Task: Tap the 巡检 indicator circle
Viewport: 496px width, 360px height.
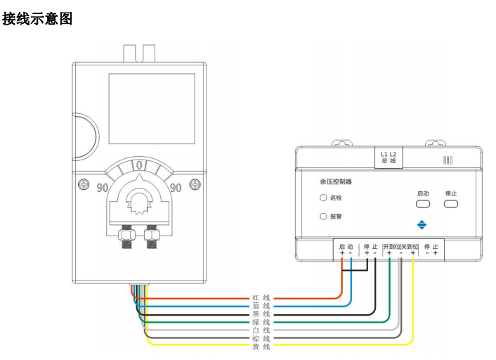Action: point(323,198)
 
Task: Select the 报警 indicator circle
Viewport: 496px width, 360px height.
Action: point(323,217)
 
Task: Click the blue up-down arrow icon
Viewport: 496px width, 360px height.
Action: point(422,225)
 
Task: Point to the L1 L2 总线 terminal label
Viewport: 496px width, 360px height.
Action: point(389,157)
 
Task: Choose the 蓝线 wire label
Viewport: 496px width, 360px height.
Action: point(261,306)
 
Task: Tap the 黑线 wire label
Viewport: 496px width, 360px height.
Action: point(261,314)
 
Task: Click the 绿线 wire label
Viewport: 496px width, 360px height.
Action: point(261,322)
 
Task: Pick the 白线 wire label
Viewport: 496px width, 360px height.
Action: point(261,330)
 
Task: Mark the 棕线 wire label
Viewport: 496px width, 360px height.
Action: point(261,338)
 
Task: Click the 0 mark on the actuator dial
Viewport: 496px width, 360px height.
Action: point(139,166)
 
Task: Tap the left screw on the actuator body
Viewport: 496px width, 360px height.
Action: point(84,185)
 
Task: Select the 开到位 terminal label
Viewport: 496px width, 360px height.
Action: point(391,247)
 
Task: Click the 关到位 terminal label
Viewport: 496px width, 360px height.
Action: point(410,247)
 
